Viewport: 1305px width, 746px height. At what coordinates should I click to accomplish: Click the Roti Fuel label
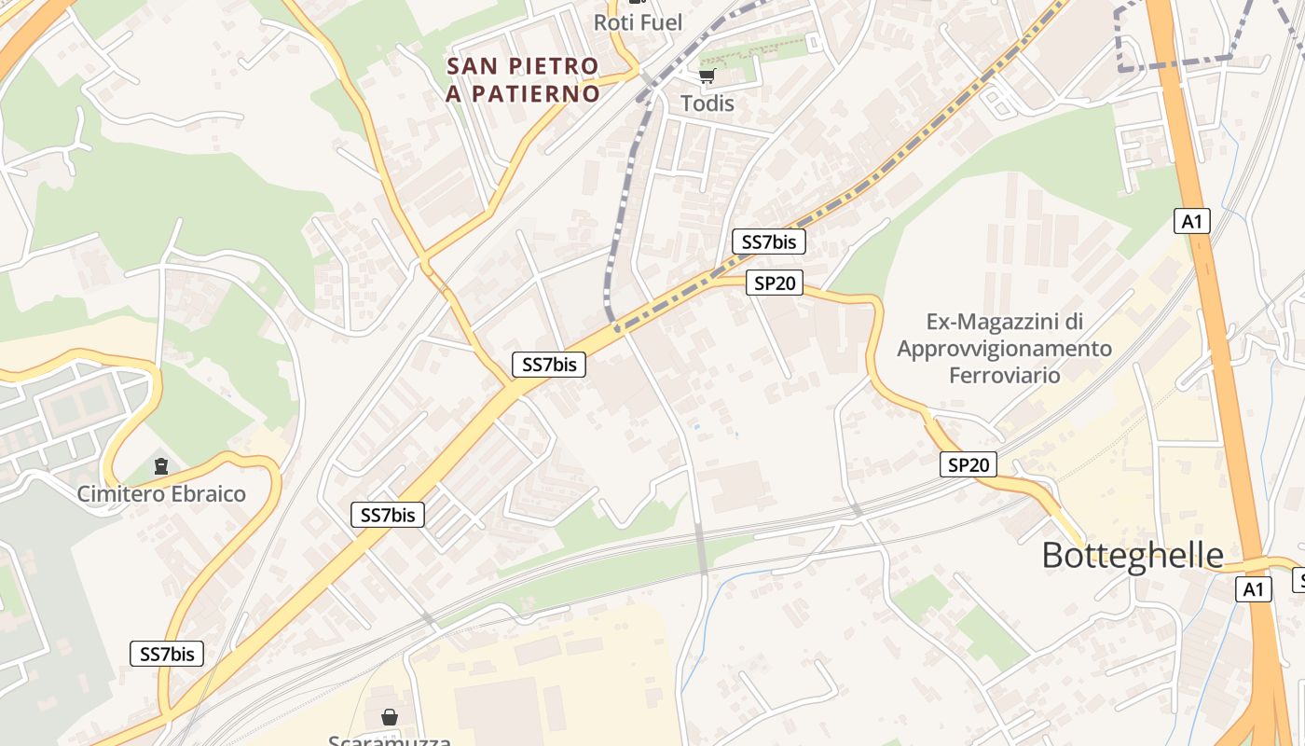(638, 22)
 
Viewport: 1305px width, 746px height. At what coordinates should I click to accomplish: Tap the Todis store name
(707, 104)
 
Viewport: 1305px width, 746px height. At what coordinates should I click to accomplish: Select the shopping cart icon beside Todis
(707, 76)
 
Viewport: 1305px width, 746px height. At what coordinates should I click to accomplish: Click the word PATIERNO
(535, 94)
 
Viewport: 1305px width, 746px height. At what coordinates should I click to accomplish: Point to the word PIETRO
(554, 66)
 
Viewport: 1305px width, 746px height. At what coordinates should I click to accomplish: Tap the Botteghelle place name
(1132, 556)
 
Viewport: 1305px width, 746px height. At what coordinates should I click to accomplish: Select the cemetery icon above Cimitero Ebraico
(161, 465)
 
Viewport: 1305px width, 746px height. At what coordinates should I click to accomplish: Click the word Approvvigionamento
(1004, 349)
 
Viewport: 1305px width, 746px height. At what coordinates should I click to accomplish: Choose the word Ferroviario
(1004, 375)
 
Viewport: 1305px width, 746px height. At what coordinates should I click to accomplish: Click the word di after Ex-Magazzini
(1074, 323)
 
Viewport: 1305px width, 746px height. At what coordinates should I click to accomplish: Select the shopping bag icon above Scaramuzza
(389, 717)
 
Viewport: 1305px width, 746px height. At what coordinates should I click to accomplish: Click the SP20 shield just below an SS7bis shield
(775, 283)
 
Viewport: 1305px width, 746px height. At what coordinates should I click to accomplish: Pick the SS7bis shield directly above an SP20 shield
(768, 242)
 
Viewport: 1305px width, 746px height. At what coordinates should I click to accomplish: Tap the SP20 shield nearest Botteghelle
(968, 464)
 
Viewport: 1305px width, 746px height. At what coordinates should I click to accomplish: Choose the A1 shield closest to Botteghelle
(1254, 589)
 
